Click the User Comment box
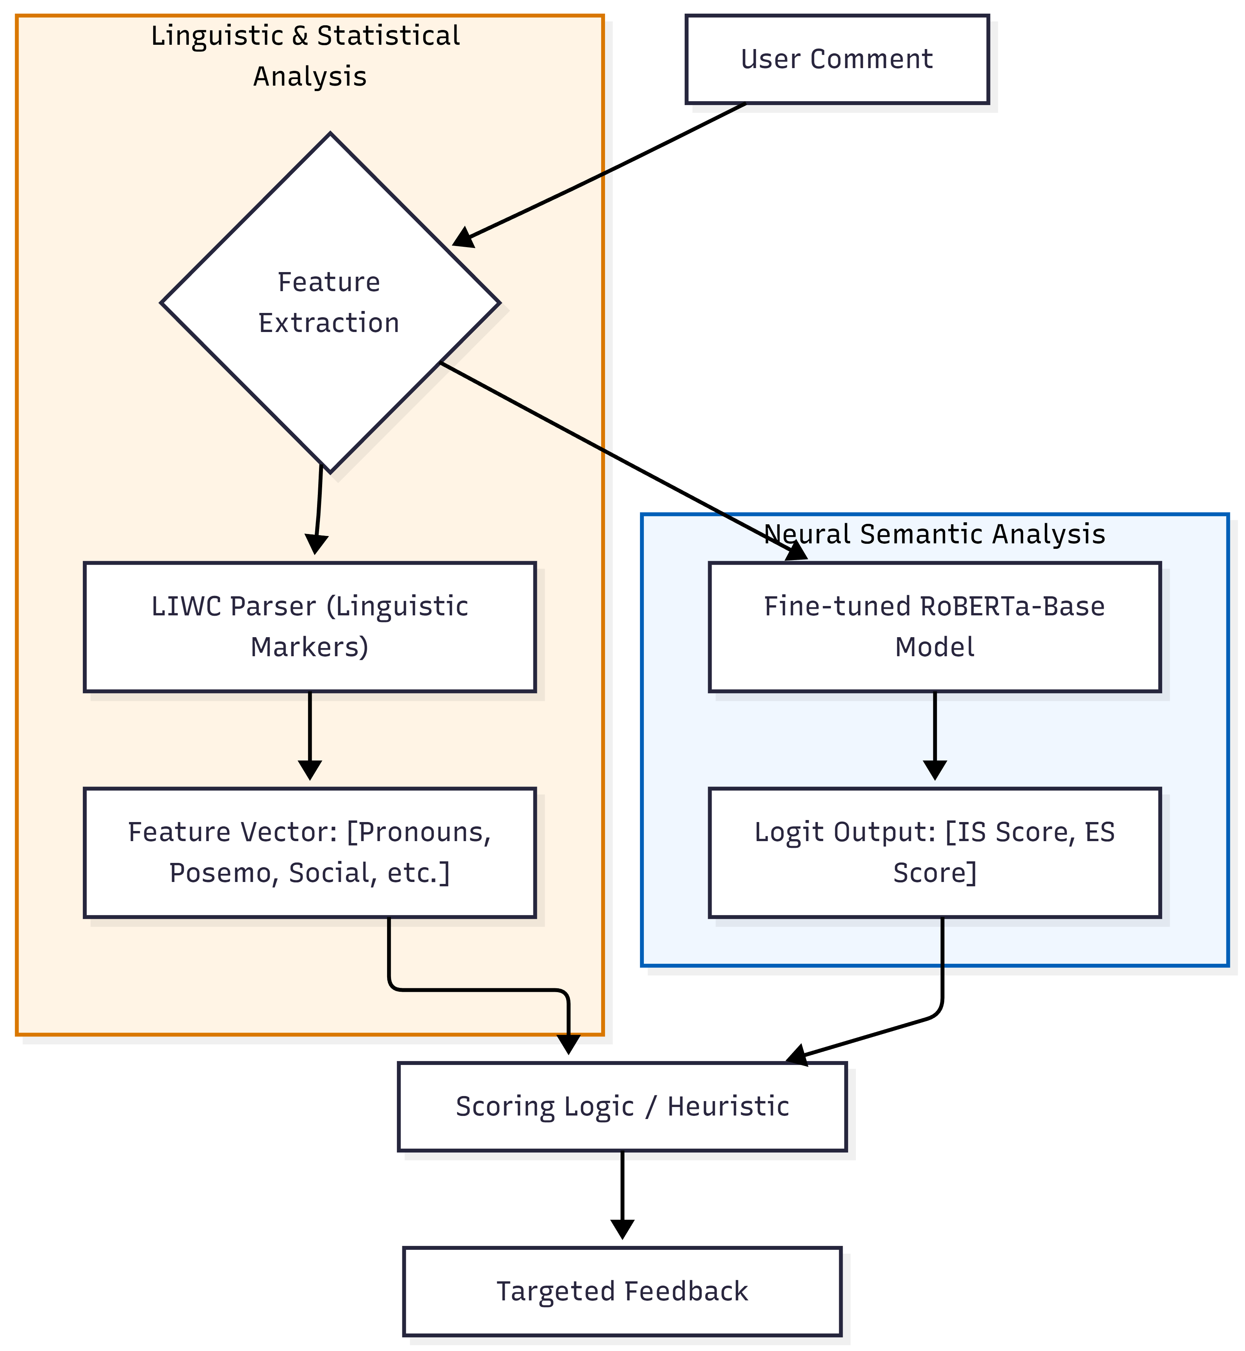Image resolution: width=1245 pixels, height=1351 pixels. click(x=837, y=59)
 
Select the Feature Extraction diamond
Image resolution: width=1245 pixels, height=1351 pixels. click(x=330, y=303)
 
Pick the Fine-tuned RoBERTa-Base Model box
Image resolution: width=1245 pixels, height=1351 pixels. click(x=935, y=627)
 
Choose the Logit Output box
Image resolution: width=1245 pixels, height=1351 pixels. click(x=935, y=852)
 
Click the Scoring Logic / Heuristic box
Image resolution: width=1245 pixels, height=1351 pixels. click(x=621, y=1107)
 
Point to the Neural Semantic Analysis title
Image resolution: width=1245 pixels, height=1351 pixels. click(x=935, y=534)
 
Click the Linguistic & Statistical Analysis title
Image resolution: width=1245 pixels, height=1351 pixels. click(x=307, y=55)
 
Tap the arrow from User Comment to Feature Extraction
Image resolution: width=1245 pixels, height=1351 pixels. click(x=600, y=175)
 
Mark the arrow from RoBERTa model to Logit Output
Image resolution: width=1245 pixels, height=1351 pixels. click(x=935, y=734)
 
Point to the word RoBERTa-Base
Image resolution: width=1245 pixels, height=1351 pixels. click(x=1012, y=606)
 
